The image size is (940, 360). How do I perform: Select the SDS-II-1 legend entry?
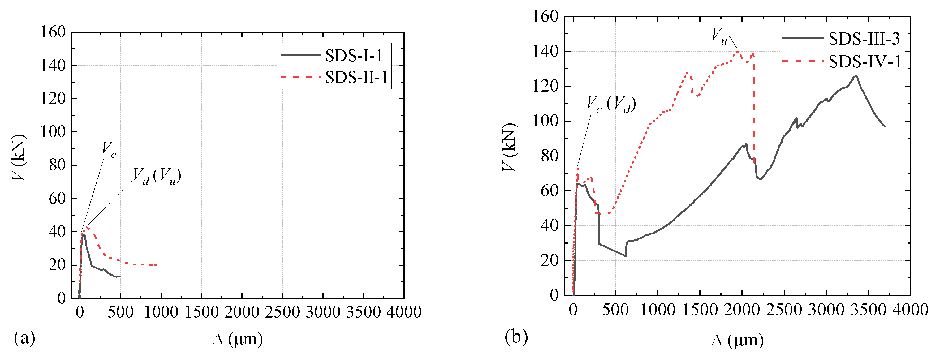tap(356, 77)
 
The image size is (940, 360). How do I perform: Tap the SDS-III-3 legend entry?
tap(863, 39)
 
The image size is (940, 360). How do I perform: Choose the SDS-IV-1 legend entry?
tap(864, 61)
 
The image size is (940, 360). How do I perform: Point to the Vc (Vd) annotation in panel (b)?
tap(611, 105)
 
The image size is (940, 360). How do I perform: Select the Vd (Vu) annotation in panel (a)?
tap(157, 176)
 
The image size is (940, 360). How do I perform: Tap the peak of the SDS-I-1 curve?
tap(84, 234)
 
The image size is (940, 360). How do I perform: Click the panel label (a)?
tap(24, 338)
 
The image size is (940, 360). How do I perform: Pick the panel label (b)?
tap(516, 336)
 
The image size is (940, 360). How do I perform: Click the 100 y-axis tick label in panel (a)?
tap(53, 132)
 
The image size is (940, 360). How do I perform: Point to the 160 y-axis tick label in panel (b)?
tap(545, 16)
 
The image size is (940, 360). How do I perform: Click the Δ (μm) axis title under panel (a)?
tap(238, 339)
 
